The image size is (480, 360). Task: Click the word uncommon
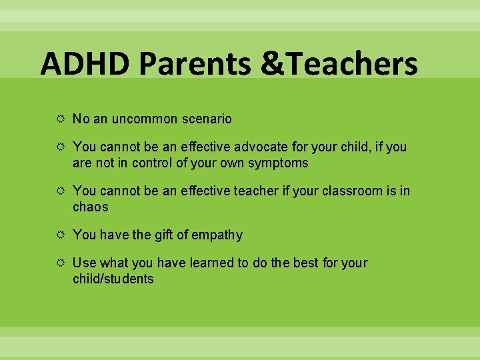point(146,119)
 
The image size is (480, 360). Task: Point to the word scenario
point(207,119)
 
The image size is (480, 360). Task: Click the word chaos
point(90,207)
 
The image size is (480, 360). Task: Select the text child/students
point(113,279)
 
